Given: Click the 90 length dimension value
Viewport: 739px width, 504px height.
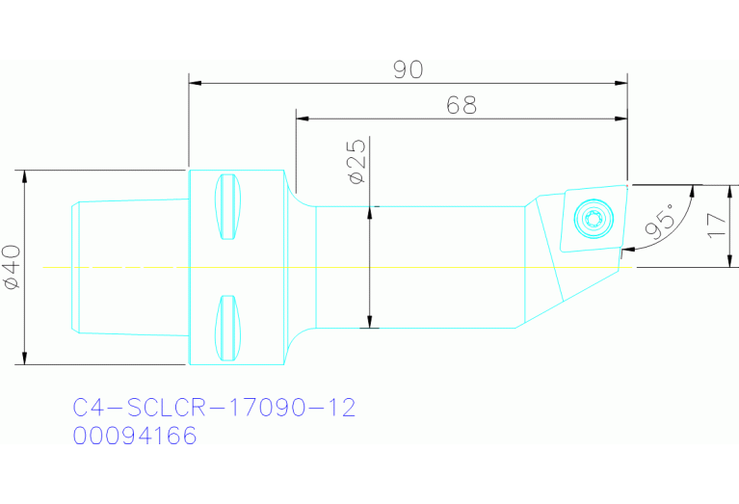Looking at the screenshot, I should coord(409,70).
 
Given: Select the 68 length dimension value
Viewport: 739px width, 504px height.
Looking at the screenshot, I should coord(462,105).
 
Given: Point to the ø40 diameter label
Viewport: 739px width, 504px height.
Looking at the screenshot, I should coord(11,268).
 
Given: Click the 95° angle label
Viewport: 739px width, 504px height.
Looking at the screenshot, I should coord(659,223).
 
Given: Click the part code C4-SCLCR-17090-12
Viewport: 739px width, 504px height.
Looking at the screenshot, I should coord(215,408).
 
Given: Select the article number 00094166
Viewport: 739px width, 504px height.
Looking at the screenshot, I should coord(135,437).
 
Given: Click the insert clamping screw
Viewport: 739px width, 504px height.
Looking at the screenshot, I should coord(591,218).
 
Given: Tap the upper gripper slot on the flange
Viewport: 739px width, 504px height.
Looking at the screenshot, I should coord(227,208).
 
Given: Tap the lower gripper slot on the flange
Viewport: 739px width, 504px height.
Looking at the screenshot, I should coord(227,327).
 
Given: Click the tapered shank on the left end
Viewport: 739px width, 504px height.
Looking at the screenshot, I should coord(130,267).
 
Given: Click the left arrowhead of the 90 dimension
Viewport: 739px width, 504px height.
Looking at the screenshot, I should coord(194,84).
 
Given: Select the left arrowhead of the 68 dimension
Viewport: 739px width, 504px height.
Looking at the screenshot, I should coord(301,119).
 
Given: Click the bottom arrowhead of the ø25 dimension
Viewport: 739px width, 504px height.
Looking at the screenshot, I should coord(369,322).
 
